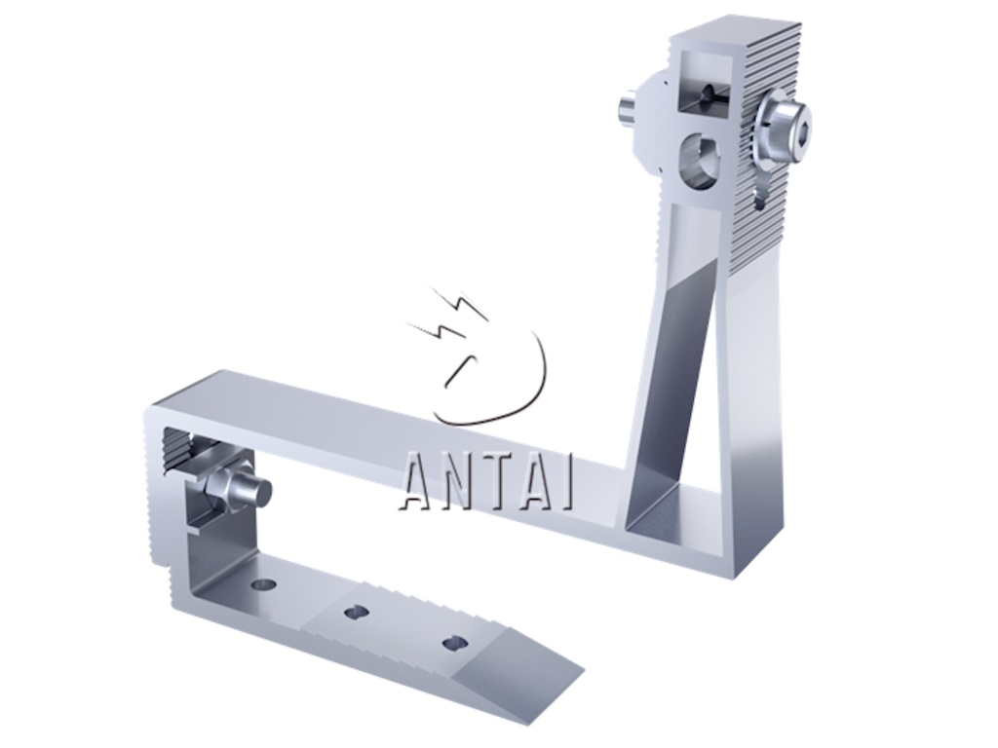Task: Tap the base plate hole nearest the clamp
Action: coord(262,584)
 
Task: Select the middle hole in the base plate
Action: coord(356,612)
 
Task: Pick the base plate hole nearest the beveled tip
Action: coord(454,643)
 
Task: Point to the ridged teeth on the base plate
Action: coord(400,609)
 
